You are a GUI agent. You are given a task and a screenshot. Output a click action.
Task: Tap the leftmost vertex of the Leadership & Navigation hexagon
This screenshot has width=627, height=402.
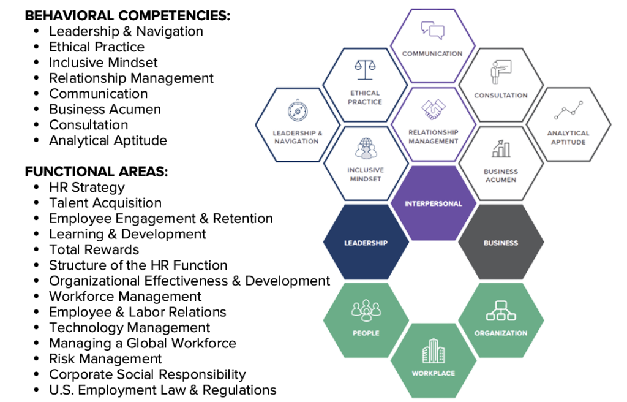(256, 126)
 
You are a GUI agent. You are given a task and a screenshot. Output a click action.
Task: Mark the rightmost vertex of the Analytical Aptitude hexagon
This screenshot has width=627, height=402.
(611, 125)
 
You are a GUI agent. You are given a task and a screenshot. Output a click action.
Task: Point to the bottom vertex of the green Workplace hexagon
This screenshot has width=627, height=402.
(434, 398)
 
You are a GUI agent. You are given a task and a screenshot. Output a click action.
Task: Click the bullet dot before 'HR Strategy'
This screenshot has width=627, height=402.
(37, 186)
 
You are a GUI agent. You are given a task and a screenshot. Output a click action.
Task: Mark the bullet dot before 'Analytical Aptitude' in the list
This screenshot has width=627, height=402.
(37, 140)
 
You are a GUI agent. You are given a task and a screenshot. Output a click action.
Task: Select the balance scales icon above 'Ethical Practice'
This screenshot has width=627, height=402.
(365, 69)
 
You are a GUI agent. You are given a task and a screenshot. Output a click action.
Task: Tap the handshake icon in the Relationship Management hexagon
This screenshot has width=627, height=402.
(434, 109)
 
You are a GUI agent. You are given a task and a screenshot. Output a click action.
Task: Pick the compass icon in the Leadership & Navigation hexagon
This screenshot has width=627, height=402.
(298, 110)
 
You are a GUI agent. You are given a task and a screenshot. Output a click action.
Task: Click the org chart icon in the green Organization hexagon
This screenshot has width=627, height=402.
(501, 311)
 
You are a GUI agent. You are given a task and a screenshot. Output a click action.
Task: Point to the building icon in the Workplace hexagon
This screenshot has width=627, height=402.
(434, 351)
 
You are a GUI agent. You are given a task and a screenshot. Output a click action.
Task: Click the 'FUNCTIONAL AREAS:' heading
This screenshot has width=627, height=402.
(96, 172)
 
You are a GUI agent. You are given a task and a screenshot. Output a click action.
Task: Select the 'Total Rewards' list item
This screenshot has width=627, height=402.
(94, 249)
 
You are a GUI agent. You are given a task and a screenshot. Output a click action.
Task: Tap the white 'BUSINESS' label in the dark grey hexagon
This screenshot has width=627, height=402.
(501, 243)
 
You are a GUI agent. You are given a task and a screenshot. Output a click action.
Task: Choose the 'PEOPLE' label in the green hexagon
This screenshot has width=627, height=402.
(366, 333)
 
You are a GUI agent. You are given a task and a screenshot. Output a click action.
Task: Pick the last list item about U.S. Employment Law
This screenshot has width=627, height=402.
(163, 390)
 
